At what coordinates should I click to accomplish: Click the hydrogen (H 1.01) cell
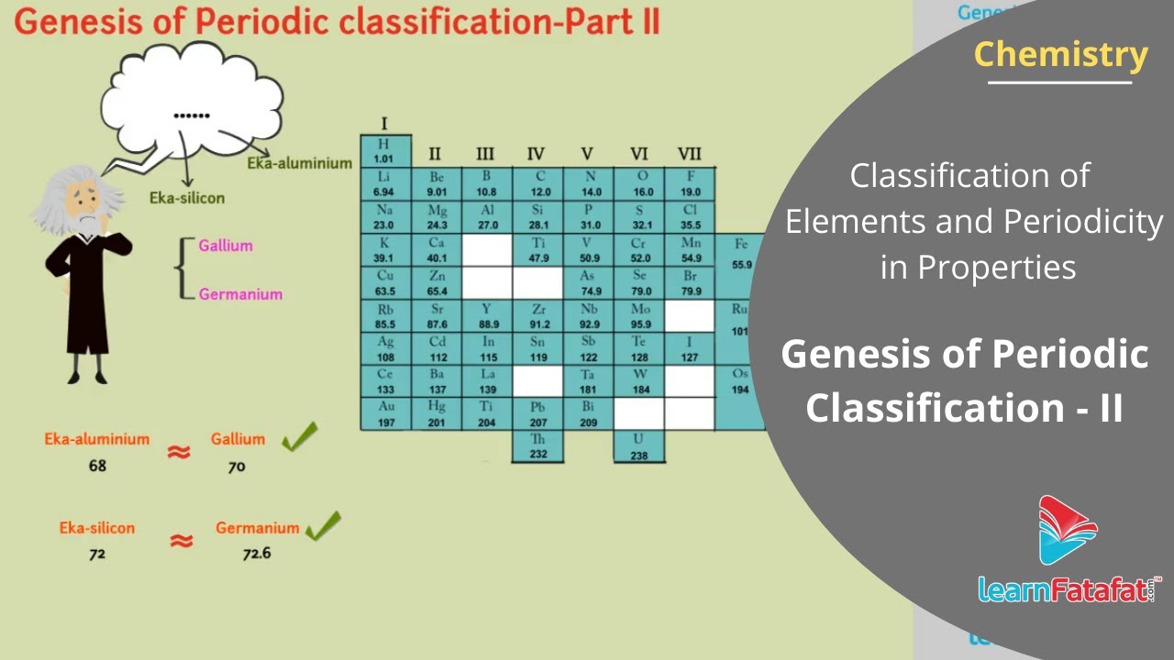pos(383,151)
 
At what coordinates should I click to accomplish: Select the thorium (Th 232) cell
pos(537,446)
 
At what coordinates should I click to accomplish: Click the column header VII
pos(689,153)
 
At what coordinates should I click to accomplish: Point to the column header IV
pos(537,153)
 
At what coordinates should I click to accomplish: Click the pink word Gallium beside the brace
pos(226,246)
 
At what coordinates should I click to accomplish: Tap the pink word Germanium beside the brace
pos(240,294)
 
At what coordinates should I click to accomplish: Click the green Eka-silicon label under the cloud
pos(187,197)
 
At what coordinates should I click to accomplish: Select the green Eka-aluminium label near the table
pos(299,163)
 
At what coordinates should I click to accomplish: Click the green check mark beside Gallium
pos(299,437)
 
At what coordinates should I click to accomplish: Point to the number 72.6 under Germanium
pos(257,553)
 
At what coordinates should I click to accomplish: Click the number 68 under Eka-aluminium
pos(97,466)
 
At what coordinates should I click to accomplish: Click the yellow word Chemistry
pos(1060,55)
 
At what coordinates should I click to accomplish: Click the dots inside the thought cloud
pos(192,116)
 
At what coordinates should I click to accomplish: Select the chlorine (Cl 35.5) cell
pos(690,217)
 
